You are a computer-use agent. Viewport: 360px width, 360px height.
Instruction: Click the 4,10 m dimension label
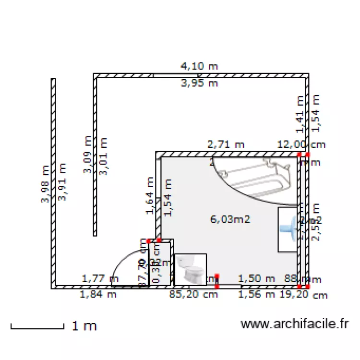pyautogui.click(x=199, y=66)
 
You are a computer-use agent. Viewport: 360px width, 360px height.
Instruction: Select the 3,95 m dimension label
pyautogui.click(x=199, y=84)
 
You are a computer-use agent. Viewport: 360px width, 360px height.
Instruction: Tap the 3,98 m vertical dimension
pyautogui.click(x=45, y=184)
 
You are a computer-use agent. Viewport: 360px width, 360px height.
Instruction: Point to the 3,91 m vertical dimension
pyautogui.click(x=61, y=181)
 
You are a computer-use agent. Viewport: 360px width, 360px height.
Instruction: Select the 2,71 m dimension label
pyautogui.click(x=225, y=144)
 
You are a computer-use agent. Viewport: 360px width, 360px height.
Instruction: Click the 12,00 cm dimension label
pyautogui.click(x=301, y=144)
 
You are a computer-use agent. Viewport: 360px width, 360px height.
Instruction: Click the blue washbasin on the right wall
pyautogui.click(x=288, y=229)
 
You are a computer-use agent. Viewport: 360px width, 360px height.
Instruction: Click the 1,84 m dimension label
pyautogui.click(x=98, y=295)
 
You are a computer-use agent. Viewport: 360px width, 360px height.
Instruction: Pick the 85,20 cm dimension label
pyautogui.click(x=193, y=295)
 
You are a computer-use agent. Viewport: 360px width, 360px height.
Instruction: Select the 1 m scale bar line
pyautogui.click(x=37, y=328)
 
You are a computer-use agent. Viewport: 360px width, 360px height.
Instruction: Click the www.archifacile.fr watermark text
pyautogui.click(x=294, y=324)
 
